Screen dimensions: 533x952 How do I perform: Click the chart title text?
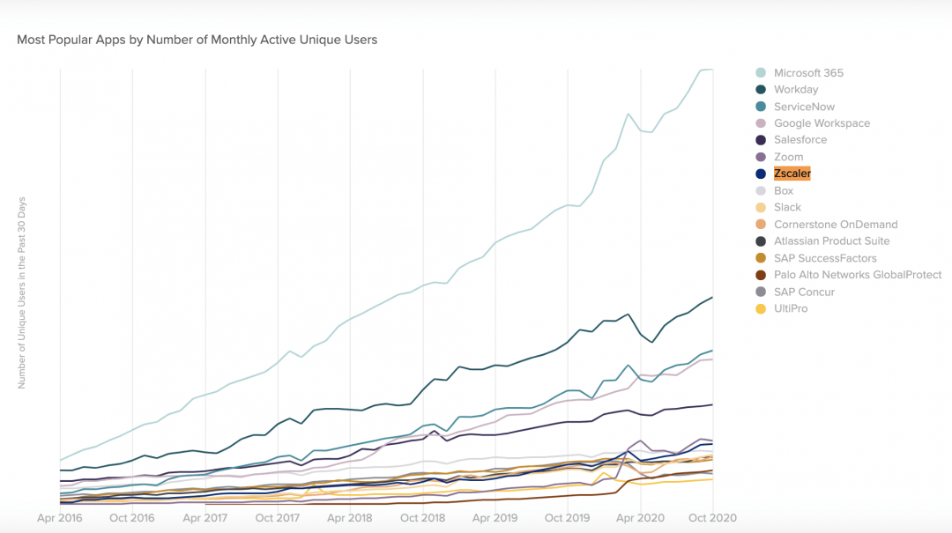point(197,40)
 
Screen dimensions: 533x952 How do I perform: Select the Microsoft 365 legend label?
point(808,72)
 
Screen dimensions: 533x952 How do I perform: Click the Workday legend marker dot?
point(760,90)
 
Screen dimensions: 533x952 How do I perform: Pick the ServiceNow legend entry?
point(804,107)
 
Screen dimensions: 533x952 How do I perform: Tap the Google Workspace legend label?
point(822,123)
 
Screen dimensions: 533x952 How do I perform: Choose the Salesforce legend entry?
point(800,140)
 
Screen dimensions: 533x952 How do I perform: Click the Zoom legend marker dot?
point(760,158)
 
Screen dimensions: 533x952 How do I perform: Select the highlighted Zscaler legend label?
point(792,174)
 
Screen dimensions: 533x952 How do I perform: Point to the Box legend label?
point(784,190)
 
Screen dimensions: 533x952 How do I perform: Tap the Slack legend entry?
point(787,207)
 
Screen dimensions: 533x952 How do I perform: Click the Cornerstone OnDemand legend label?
point(836,225)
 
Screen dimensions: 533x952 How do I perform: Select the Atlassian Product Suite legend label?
point(831,241)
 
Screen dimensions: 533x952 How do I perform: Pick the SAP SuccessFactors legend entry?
point(825,258)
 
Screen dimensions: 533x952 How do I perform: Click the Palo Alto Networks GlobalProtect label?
point(858,275)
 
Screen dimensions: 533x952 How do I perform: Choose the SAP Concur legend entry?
point(804,292)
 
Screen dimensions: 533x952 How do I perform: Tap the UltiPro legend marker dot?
point(760,309)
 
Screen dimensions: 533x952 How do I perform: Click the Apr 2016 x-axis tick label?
point(60,518)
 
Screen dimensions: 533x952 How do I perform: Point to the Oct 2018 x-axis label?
point(422,518)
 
